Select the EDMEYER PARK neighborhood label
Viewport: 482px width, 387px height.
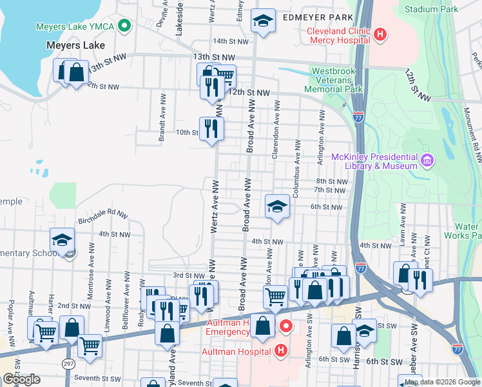click(x=317, y=17)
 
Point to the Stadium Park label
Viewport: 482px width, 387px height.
click(x=431, y=9)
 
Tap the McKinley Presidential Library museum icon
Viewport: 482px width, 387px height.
click(x=426, y=159)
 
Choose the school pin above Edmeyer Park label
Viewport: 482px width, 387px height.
click(x=263, y=22)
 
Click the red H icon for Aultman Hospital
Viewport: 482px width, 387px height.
click(x=280, y=351)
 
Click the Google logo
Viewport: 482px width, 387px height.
click(x=21, y=379)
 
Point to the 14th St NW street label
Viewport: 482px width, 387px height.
click(x=231, y=41)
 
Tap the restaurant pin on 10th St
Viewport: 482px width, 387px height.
click(x=210, y=129)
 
